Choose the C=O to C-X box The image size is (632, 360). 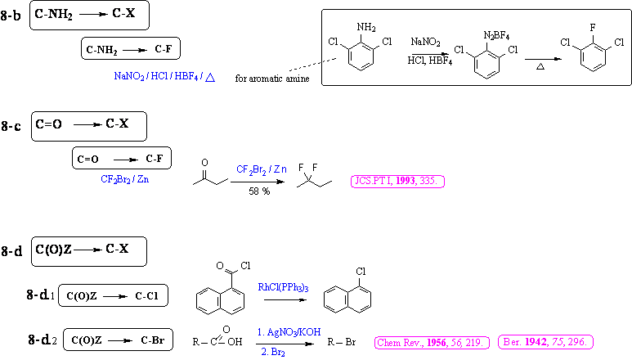(90, 126)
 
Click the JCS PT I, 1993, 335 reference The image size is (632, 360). (397, 181)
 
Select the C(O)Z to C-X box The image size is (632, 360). (90, 251)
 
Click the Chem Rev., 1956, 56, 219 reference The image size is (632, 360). (430, 341)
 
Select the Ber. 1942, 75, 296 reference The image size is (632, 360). (545, 341)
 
